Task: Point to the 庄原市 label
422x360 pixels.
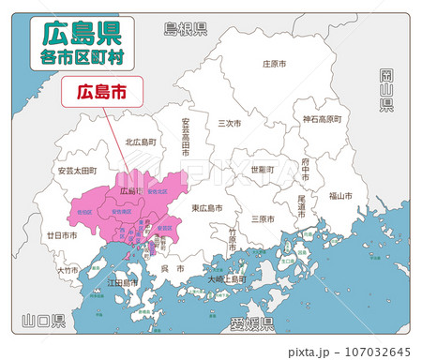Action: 274,64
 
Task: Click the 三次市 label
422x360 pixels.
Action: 229,123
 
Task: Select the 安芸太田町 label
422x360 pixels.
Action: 76,172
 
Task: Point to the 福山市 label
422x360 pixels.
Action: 340,197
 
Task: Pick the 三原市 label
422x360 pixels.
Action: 263,218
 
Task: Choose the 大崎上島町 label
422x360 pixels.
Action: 227,278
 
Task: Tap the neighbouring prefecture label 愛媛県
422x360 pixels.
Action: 251,324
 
